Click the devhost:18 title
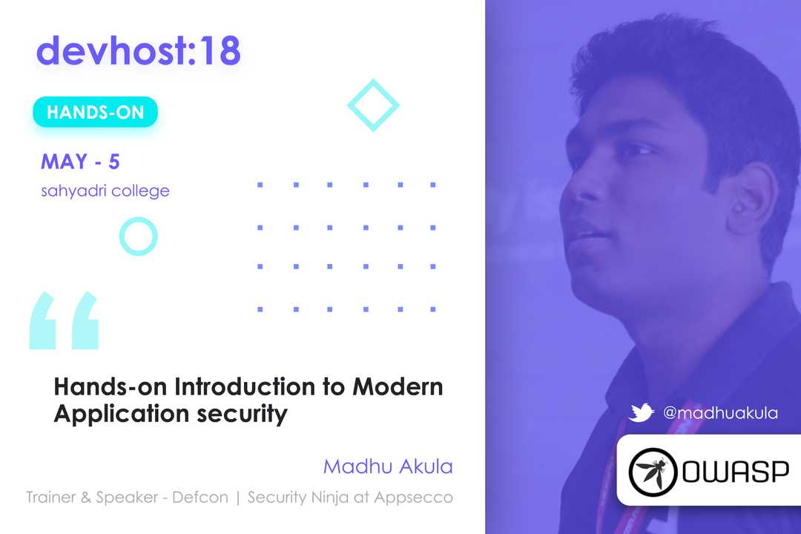[139, 50]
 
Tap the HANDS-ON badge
[96, 112]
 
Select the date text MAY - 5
[80, 162]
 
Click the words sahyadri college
[105, 191]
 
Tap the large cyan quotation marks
[64, 320]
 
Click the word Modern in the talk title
[398, 387]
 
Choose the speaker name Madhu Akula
[388, 467]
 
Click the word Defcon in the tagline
[200, 497]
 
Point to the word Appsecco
[413, 498]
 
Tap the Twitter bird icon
[641, 412]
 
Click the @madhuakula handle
[720, 413]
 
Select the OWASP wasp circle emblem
[653, 472]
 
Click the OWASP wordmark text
[736, 471]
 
